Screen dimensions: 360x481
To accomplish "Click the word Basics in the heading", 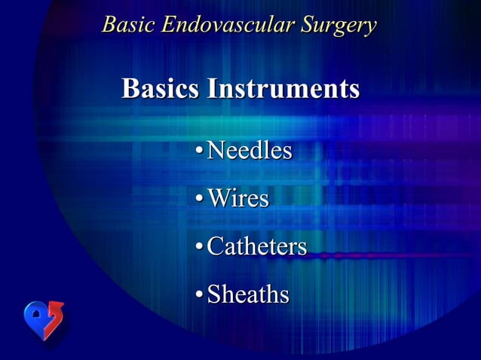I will pos(160,89).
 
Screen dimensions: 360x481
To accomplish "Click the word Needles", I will pos(249,151).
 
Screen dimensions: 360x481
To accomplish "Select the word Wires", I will pos(237,199).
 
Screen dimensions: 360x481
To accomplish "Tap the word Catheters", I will pos(256,246).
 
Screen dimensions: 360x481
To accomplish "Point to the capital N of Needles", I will pos(216,151).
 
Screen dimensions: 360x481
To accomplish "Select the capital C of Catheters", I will pos(215,246).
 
